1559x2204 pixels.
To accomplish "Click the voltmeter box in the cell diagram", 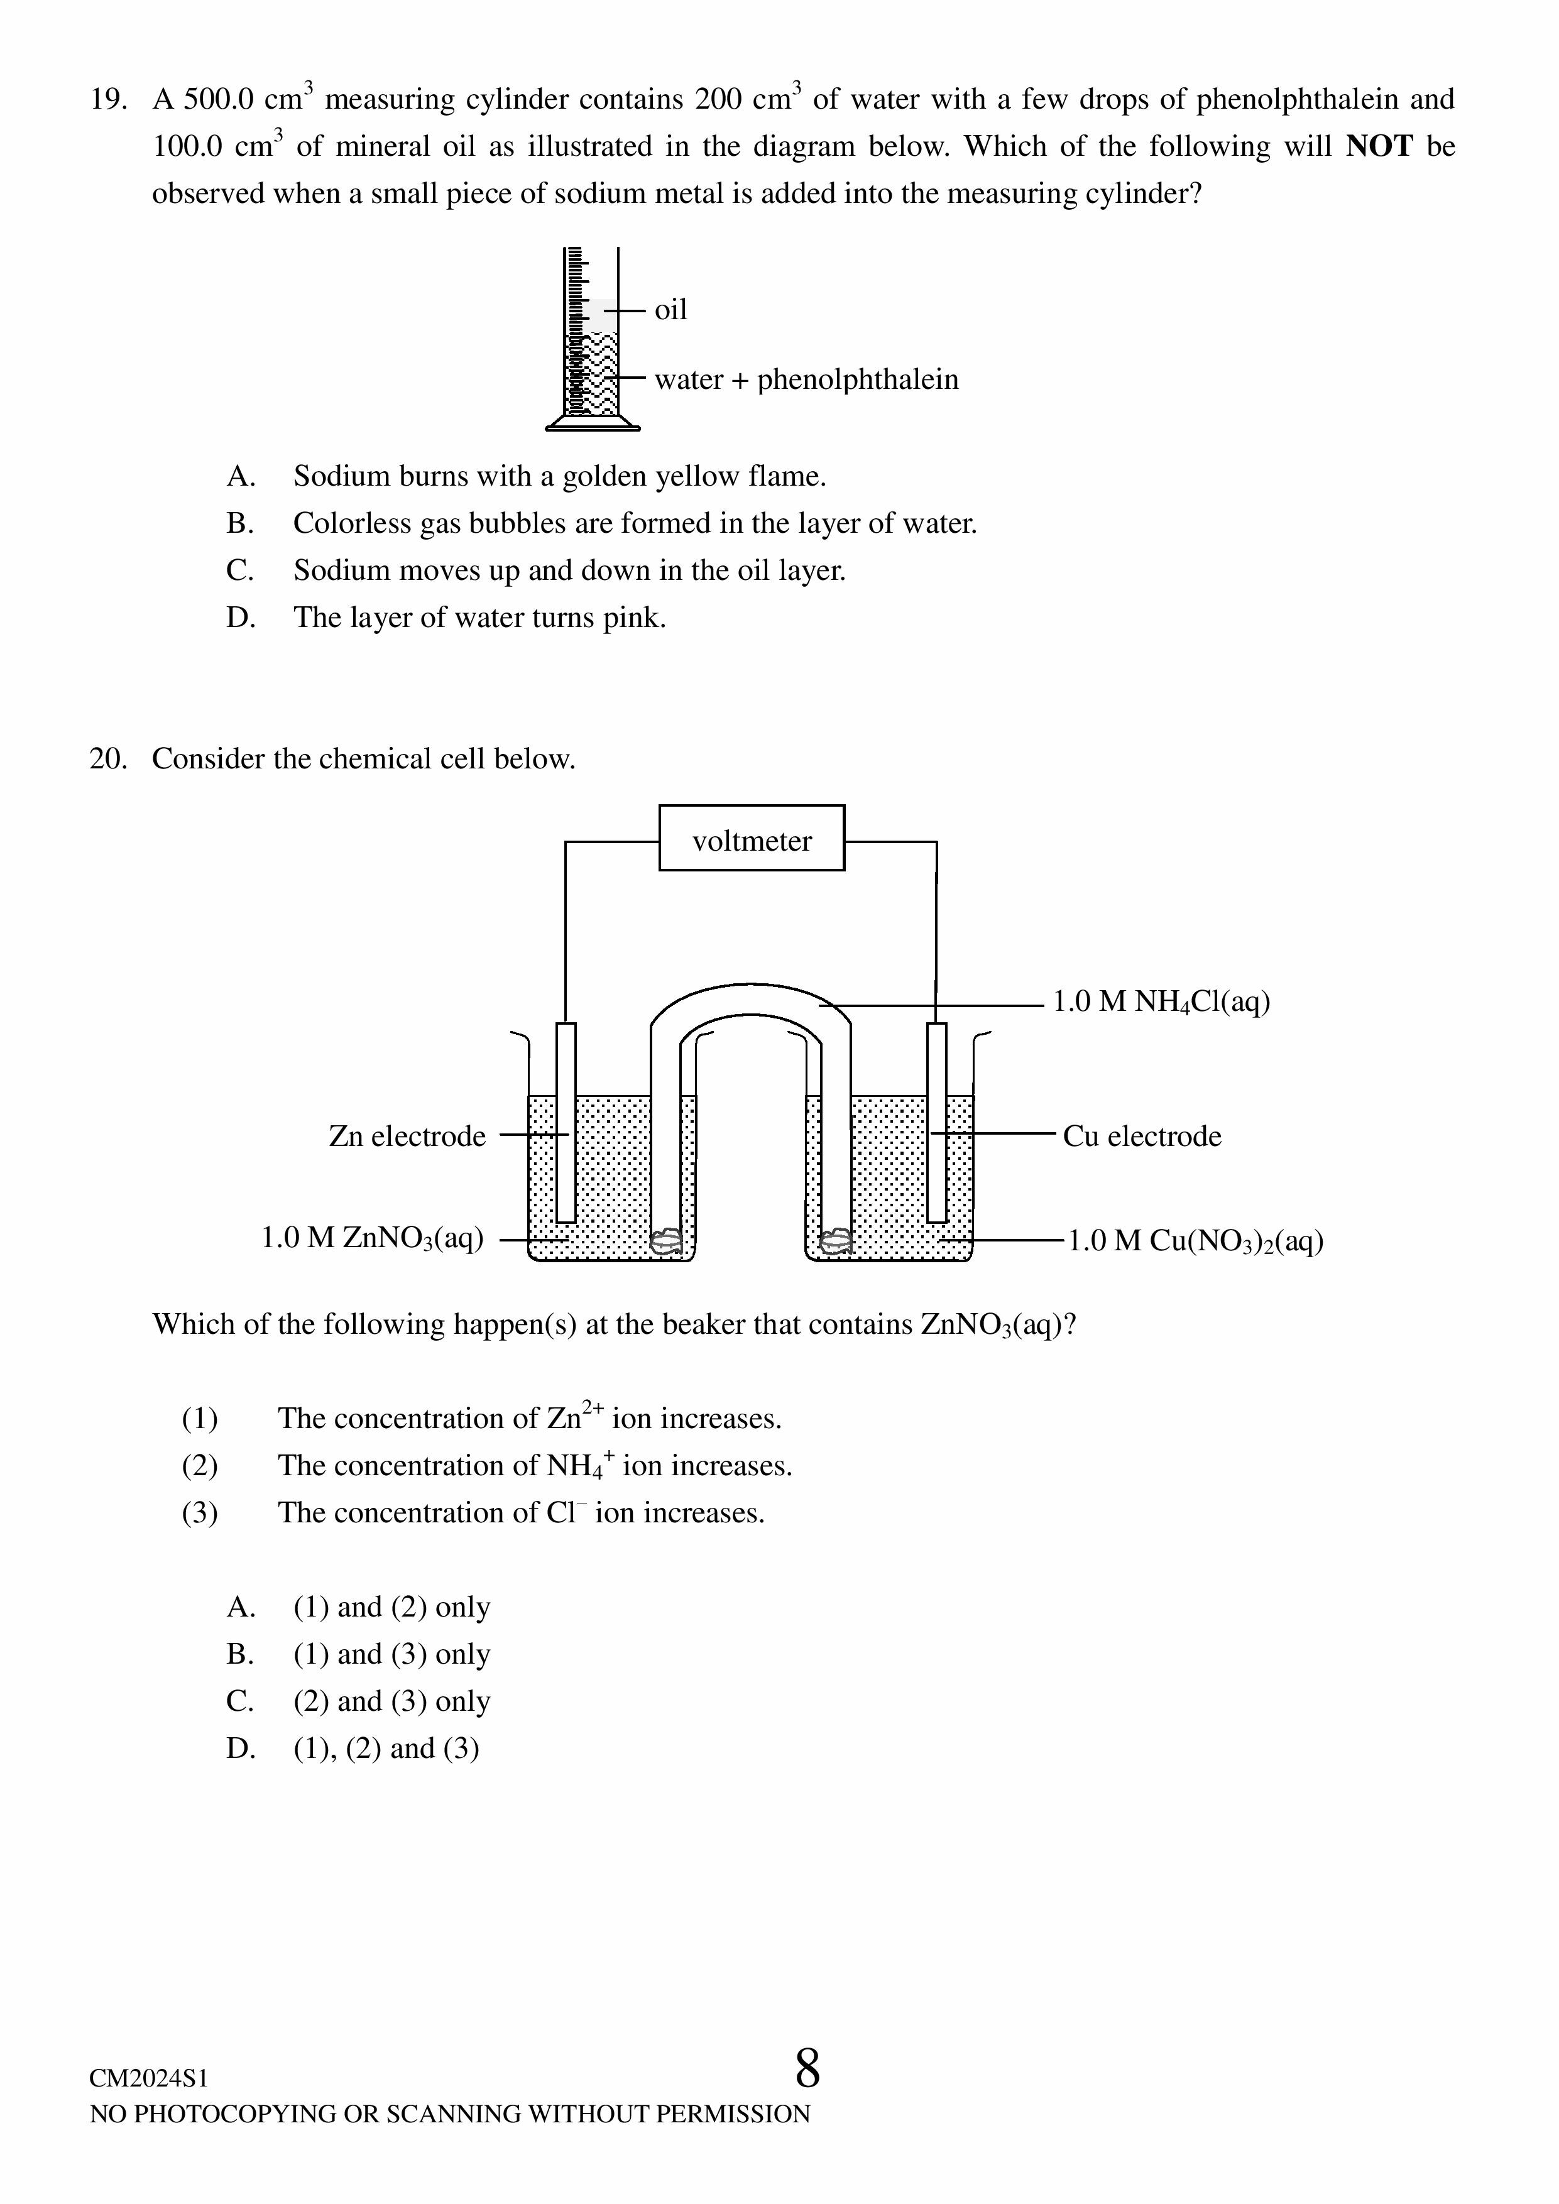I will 751,838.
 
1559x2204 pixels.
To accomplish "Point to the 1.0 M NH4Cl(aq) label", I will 1161,1002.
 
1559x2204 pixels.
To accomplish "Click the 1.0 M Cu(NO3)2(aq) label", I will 1195,1241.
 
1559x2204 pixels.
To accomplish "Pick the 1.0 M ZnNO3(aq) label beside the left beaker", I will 373,1238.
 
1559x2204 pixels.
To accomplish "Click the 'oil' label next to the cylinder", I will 670,310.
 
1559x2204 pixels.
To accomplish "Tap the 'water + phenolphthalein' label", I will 806,379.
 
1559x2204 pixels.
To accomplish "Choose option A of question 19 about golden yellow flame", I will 559,476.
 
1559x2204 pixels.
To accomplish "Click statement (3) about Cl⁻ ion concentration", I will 520,1513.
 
